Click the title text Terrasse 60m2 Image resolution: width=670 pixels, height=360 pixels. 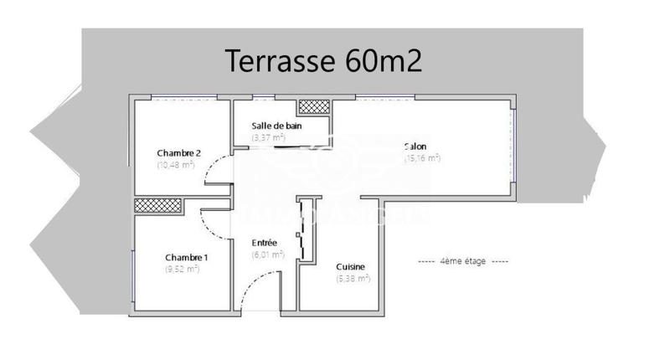click(322, 60)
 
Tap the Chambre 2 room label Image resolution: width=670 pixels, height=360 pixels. click(178, 153)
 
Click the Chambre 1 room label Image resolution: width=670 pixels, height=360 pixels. click(186, 257)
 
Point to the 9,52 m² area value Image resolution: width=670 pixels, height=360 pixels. click(182, 269)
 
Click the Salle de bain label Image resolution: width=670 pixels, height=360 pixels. click(276, 126)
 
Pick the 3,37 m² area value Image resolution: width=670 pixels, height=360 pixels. click(268, 137)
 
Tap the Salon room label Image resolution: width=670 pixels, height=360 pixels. click(415, 147)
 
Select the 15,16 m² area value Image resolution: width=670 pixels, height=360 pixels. click(422, 158)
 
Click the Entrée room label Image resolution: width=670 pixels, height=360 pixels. click(264, 243)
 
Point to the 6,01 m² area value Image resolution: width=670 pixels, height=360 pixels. click(268, 255)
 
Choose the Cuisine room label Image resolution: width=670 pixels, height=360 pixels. click(349, 267)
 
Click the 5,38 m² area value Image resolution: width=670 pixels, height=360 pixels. click(353, 279)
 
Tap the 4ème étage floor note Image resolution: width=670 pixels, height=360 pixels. click(463, 261)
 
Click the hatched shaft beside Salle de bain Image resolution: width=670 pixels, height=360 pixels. click(316, 106)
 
